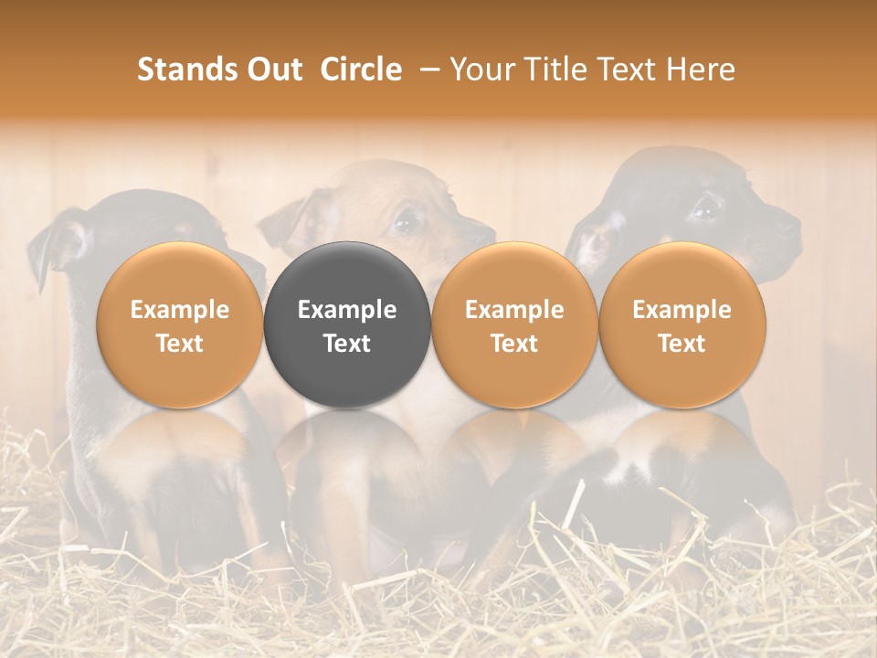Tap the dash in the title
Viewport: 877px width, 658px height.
426,69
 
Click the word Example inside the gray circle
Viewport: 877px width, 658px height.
347,310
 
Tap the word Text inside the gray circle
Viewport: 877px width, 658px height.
347,344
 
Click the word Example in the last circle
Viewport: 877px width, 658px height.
682,310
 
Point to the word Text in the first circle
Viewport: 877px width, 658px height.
179,344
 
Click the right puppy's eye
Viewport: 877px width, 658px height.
705,208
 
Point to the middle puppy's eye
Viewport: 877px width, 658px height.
407,220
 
